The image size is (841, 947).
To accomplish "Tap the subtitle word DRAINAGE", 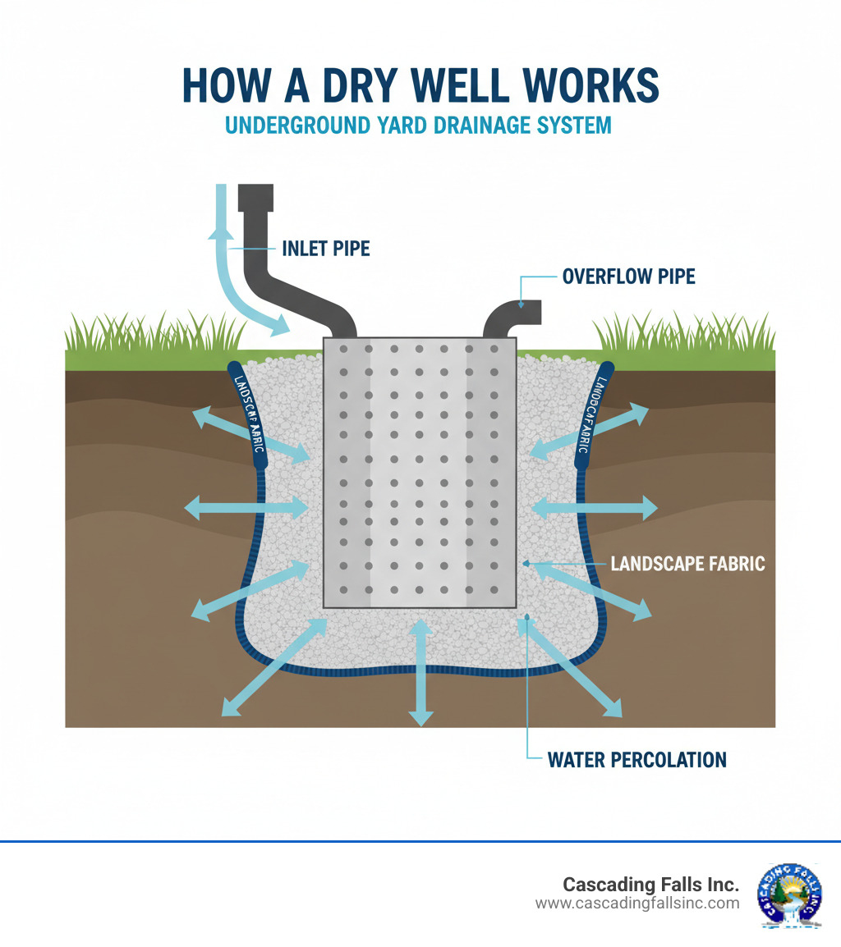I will [x=471, y=126].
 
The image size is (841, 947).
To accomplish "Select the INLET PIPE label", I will [x=326, y=248].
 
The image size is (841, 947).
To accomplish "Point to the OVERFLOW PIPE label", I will [x=628, y=277].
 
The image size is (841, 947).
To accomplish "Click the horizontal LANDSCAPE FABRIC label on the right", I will [x=688, y=564].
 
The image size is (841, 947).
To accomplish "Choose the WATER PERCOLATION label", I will [x=637, y=760].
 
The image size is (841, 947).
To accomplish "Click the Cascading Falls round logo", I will [x=789, y=895].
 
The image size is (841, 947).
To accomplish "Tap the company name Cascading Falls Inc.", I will [x=650, y=885].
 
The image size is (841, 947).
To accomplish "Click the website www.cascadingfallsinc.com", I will [x=637, y=904].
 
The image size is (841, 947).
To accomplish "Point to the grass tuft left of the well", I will [x=156, y=332].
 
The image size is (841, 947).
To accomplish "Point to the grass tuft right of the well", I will [x=682, y=332].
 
